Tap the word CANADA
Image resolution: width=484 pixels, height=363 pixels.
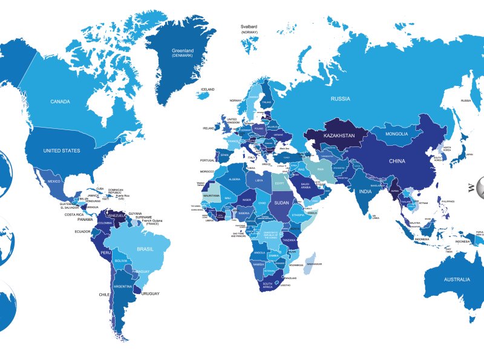click(60, 102)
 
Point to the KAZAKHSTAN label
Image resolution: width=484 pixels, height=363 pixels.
click(339, 136)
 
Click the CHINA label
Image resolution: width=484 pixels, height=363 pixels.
click(397, 162)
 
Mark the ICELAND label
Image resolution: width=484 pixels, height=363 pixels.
click(208, 90)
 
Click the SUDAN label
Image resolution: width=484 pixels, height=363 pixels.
click(282, 203)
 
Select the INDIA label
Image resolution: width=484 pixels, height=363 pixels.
click(365, 192)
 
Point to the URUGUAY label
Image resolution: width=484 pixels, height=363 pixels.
click(150, 293)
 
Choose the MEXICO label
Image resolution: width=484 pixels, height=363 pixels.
click(54, 181)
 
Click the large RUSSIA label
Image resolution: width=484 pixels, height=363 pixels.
click(340, 98)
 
